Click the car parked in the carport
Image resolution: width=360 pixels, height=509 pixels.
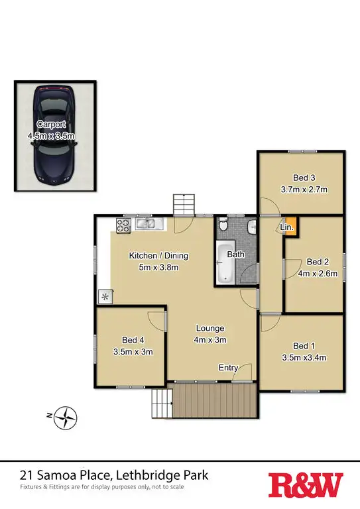(55, 136)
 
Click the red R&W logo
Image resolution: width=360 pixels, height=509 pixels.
(306, 485)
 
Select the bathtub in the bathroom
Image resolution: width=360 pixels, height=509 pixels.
(223, 264)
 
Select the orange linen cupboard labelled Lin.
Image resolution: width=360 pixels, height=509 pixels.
(289, 227)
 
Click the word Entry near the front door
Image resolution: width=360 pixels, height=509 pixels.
(228, 368)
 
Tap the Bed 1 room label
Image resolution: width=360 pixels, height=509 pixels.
(302, 351)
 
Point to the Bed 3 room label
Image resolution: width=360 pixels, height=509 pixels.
(304, 183)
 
